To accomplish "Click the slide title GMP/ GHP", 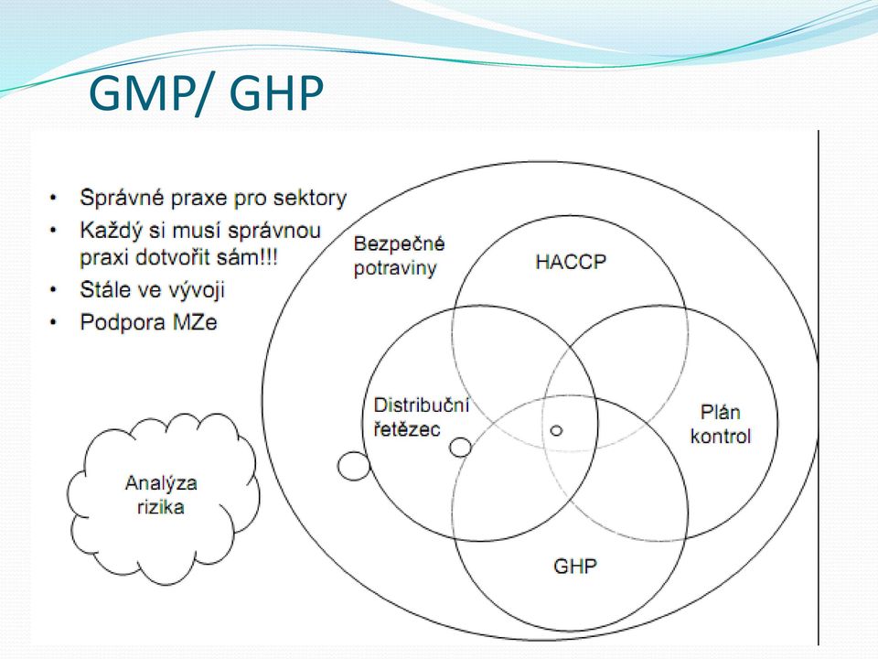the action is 206,94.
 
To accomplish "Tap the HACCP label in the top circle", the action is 571,262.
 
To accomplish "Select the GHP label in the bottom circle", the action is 575,566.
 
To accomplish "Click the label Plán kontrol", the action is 720,424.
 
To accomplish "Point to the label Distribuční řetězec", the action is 421,417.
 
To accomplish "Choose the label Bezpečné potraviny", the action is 400,256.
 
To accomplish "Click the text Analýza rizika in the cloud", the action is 161,495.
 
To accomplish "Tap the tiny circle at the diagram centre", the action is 556,430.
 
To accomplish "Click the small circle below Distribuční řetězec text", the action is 460,448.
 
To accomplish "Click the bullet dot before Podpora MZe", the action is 53,322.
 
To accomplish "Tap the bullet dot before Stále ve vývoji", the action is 53,290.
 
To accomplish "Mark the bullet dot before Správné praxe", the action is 53,198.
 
